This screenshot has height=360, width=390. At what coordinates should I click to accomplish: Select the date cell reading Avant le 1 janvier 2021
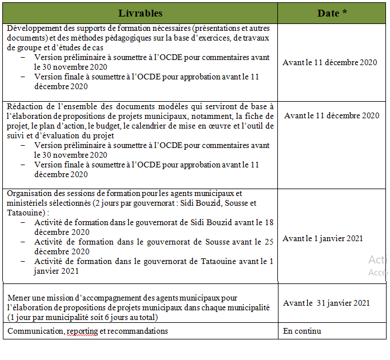pyautogui.click(x=323, y=238)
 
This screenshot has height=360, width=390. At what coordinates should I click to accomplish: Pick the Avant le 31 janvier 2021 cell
pyautogui.click(x=326, y=303)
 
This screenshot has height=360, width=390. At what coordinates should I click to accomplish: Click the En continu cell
pyautogui.click(x=302, y=331)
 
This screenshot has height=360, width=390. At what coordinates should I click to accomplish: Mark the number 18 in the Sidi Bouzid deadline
pyautogui.click(x=269, y=222)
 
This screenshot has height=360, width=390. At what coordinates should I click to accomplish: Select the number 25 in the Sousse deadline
pyautogui.click(x=268, y=242)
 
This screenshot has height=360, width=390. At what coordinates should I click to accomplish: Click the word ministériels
pyautogui.click(x=27, y=203)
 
